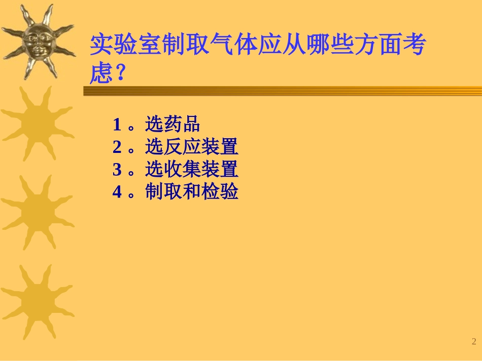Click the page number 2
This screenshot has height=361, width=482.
[x=474, y=341]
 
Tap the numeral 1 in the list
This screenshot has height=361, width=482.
[x=117, y=125]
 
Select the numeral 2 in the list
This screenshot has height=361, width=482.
[x=117, y=147]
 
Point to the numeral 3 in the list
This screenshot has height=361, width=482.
[x=117, y=170]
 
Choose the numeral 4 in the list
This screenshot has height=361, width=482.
[x=117, y=192]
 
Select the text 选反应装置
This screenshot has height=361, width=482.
[x=192, y=147]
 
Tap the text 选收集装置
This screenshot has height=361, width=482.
[x=192, y=170]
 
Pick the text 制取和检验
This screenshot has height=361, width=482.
[x=192, y=192]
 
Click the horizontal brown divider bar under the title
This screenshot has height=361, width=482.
[x=282, y=91]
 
